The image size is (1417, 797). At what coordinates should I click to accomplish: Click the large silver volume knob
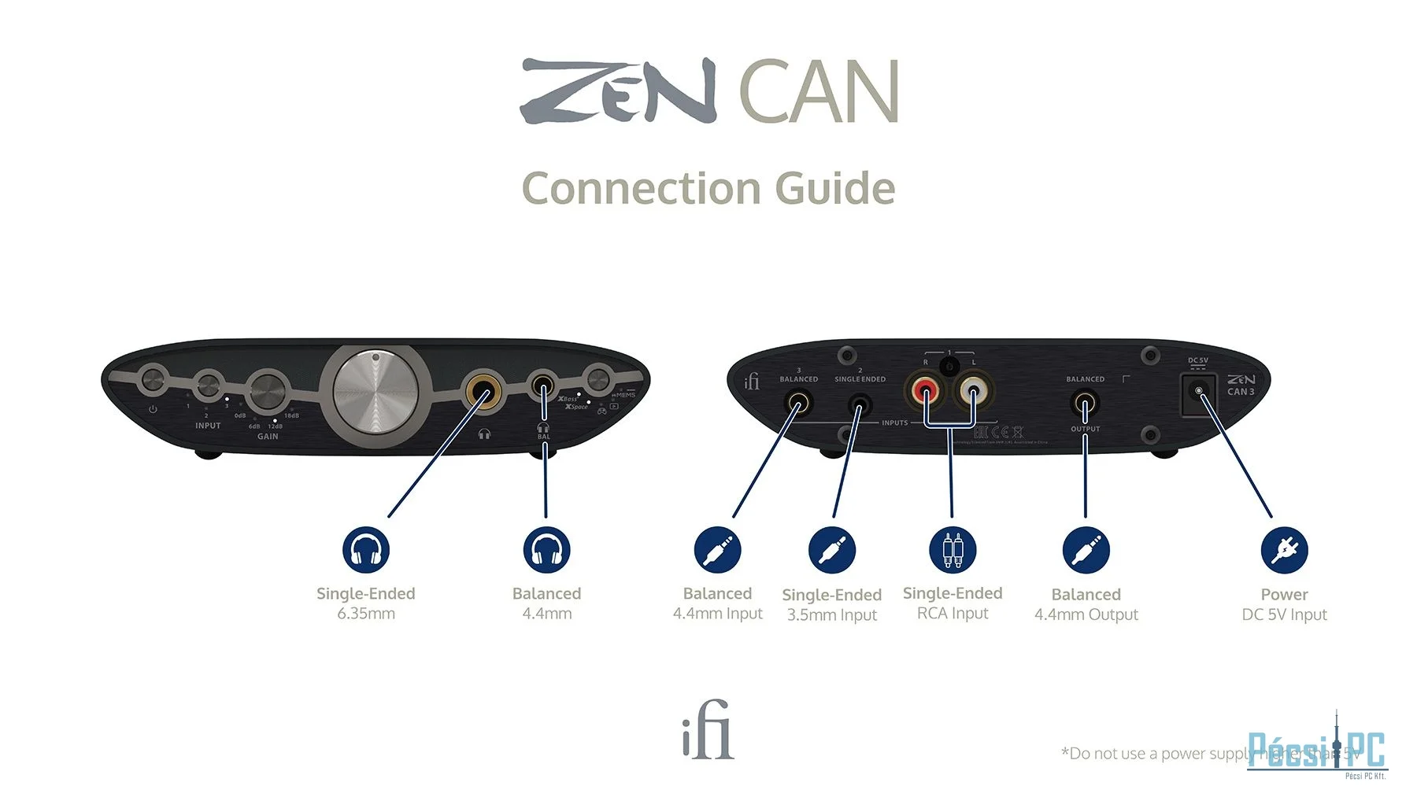[376, 391]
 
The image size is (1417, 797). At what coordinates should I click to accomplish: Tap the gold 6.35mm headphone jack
[483, 389]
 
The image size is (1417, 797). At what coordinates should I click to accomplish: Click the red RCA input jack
[925, 389]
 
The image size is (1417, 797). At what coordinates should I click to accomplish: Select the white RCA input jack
[973, 389]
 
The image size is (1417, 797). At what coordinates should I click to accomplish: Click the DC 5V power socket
[1198, 391]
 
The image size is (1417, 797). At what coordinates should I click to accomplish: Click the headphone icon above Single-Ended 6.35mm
[366, 550]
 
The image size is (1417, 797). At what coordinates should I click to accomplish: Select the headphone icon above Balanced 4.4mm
[546, 550]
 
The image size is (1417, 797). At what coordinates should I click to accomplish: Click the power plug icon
[1284, 550]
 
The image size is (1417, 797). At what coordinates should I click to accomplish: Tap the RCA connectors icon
[953, 550]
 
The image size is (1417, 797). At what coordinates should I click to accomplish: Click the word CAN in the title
[819, 92]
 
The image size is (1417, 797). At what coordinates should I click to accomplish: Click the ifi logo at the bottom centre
[708, 730]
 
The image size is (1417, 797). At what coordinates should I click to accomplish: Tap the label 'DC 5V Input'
[1284, 614]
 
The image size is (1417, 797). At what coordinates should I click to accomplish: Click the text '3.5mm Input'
[831, 615]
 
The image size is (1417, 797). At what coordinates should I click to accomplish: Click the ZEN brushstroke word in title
[618, 90]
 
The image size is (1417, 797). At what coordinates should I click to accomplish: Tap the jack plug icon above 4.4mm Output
[1086, 550]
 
